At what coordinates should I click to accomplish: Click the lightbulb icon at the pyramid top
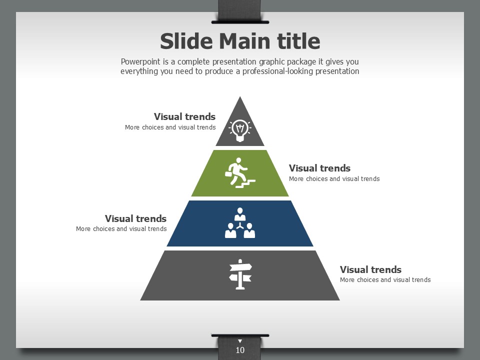click(x=240, y=130)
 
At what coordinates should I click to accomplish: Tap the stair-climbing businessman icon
click(x=240, y=173)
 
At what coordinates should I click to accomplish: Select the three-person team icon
click(x=240, y=223)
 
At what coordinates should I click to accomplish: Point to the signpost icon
click(x=240, y=274)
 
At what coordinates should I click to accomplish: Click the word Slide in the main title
click(x=186, y=41)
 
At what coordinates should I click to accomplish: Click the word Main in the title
click(x=244, y=41)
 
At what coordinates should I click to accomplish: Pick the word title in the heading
click(x=298, y=41)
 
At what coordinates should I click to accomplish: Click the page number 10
click(x=240, y=350)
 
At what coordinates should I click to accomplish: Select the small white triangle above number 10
click(x=240, y=341)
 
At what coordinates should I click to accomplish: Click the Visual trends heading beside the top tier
click(x=184, y=116)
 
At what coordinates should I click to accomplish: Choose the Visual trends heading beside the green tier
click(x=319, y=168)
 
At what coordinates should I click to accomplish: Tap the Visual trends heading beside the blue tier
click(x=135, y=218)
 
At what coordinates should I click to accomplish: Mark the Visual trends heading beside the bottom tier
click(x=370, y=269)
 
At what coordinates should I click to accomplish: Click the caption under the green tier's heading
click(x=334, y=179)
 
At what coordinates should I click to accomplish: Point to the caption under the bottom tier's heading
click(x=385, y=280)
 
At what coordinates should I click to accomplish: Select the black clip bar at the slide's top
click(x=240, y=22)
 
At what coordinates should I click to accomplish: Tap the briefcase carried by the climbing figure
click(x=228, y=174)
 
